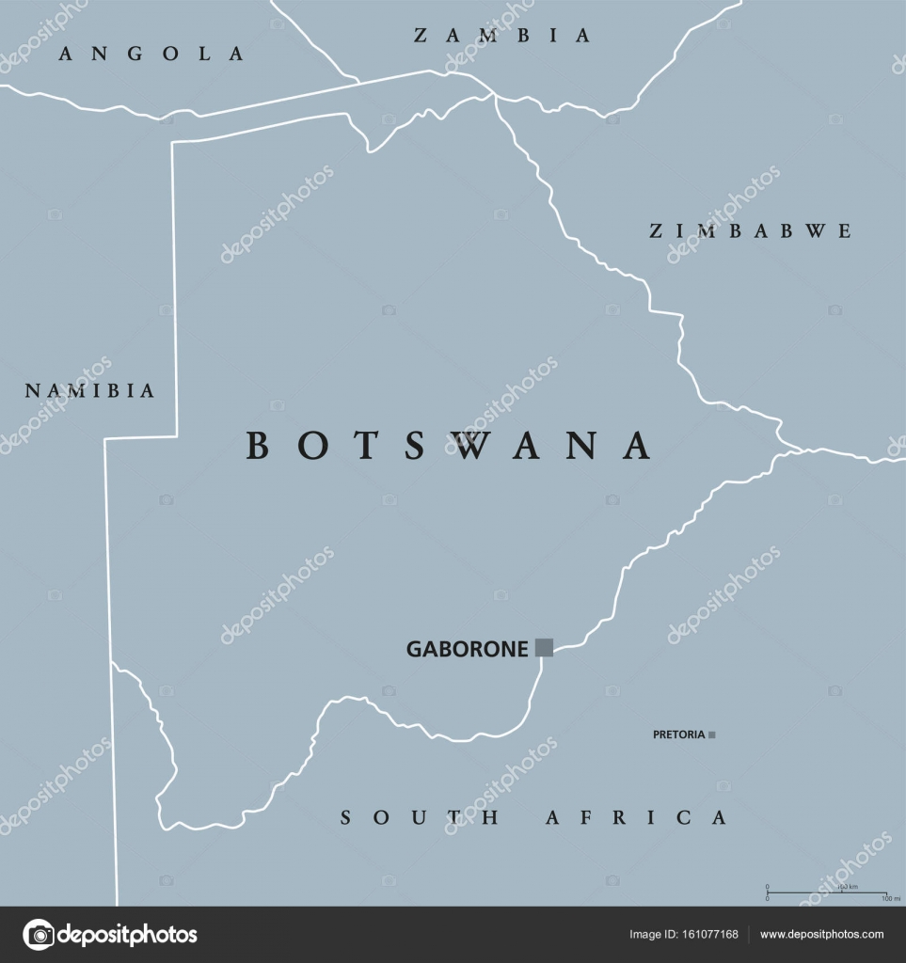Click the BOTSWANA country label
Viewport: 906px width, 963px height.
(x=449, y=446)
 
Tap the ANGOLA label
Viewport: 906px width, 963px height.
(x=151, y=54)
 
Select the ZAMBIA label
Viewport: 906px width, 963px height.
(x=503, y=36)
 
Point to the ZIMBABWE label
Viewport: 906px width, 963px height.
(x=751, y=230)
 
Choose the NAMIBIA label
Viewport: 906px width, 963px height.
(x=90, y=391)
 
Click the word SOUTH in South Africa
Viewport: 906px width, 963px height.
(x=420, y=818)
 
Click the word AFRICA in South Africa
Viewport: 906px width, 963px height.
(x=637, y=818)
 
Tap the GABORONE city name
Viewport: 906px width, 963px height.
(x=467, y=649)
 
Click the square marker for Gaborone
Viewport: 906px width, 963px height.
(x=544, y=646)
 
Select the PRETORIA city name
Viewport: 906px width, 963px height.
(x=678, y=734)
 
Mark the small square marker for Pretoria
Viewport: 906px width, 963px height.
(x=712, y=734)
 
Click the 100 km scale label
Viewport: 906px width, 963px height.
(x=848, y=887)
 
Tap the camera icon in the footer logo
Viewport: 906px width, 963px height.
(x=39, y=935)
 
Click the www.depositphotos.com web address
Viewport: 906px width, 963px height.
(x=821, y=935)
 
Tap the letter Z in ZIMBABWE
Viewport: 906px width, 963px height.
(x=657, y=230)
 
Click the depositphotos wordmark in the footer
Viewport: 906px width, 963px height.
(x=128, y=935)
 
